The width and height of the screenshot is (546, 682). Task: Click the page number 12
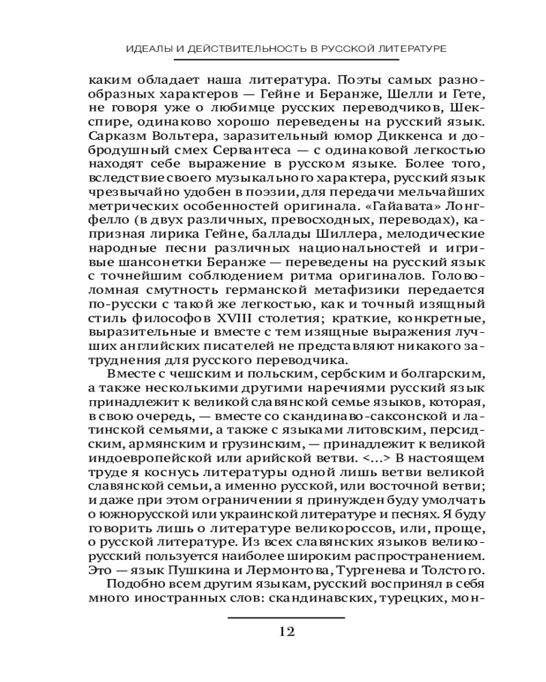click(286, 631)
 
